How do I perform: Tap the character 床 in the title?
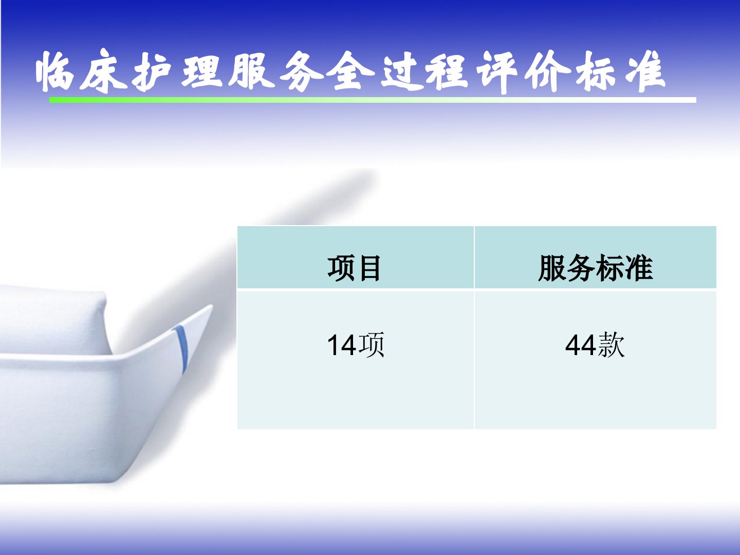tap(103, 71)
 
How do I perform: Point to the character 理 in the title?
tap(201, 71)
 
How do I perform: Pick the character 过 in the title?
tap(402, 72)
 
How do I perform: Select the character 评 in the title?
tap(496, 72)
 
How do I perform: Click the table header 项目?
tap(354, 268)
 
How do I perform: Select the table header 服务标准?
tap(596, 268)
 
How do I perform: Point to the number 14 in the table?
tap(342, 345)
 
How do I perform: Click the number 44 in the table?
tap(581, 345)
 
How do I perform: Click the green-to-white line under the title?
tap(373, 100)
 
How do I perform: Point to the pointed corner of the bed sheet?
tap(212, 306)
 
